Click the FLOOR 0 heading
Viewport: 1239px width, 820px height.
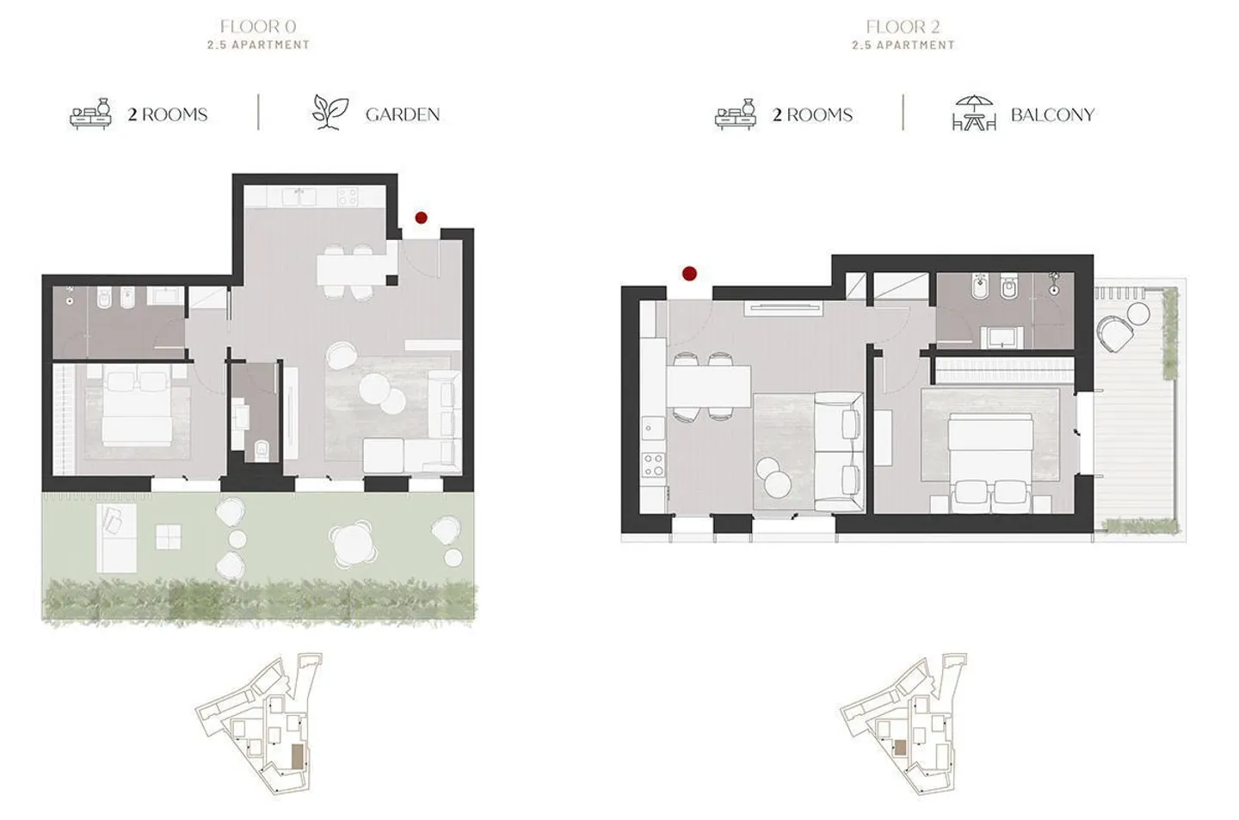(x=257, y=28)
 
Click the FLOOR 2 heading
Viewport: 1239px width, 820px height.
(x=903, y=28)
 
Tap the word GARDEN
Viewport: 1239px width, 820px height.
(x=402, y=114)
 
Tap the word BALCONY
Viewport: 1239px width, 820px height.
(x=1051, y=114)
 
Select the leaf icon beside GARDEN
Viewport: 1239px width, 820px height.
(x=330, y=113)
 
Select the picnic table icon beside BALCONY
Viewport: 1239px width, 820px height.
(x=973, y=113)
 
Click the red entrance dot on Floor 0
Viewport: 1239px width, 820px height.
(x=421, y=219)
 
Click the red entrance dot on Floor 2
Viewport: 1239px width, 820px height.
(x=689, y=274)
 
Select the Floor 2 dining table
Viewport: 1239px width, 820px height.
(x=708, y=385)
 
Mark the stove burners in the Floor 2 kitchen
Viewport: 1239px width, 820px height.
(x=653, y=465)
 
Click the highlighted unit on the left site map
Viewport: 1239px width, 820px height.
(x=297, y=756)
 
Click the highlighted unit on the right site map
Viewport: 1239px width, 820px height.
(x=900, y=747)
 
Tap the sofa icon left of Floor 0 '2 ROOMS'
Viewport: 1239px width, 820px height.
(x=91, y=114)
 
